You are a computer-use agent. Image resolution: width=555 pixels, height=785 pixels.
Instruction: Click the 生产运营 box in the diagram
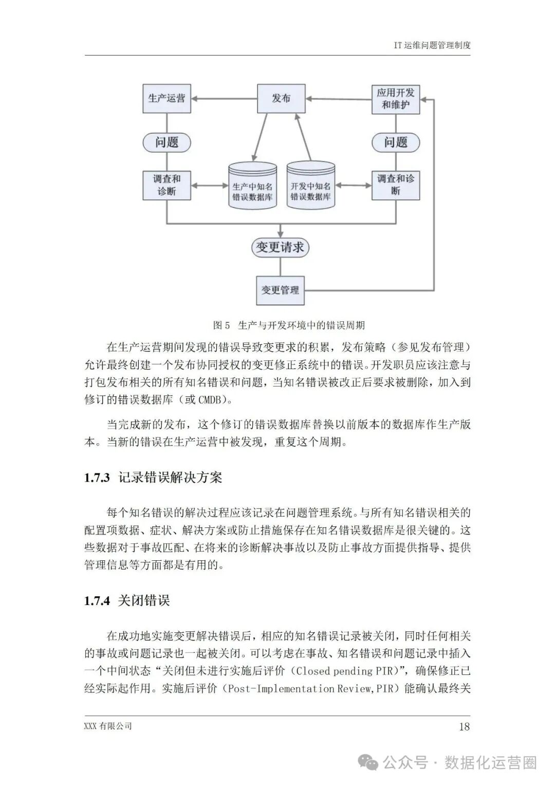pos(166,98)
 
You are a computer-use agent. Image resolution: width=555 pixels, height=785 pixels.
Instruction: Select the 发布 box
pos(281,98)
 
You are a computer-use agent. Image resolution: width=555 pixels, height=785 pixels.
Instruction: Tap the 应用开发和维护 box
pos(395,98)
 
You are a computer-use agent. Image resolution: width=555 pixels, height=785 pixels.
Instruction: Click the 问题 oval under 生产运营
pos(166,142)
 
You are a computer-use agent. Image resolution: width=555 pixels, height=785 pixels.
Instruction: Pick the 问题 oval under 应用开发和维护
pos(395,142)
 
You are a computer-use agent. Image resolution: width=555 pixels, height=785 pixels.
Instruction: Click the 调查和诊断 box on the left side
pos(166,185)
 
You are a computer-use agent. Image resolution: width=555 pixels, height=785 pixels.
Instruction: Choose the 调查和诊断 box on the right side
pos(395,185)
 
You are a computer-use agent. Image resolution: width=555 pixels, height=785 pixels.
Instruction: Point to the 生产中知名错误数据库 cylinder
pos(252,186)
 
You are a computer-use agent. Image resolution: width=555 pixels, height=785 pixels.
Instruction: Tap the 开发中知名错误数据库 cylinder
pos(310,186)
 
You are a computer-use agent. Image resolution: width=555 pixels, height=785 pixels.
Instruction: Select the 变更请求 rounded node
pos(280,247)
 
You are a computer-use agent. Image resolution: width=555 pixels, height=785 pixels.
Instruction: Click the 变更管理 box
pos(280,290)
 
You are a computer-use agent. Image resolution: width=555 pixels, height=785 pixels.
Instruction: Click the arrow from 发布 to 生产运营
pos(224,99)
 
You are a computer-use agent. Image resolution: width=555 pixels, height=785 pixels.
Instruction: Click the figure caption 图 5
pos(221,325)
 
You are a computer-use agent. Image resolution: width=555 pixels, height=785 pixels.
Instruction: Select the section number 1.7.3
pos(97,478)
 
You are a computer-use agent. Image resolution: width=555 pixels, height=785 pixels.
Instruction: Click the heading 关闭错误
pos(144,600)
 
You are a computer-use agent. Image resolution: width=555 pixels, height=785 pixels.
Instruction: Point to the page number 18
pos(464,726)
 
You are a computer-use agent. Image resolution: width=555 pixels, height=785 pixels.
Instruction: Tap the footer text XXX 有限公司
pos(108,726)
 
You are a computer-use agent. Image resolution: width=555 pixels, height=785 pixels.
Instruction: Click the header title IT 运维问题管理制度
pos(432,45)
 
